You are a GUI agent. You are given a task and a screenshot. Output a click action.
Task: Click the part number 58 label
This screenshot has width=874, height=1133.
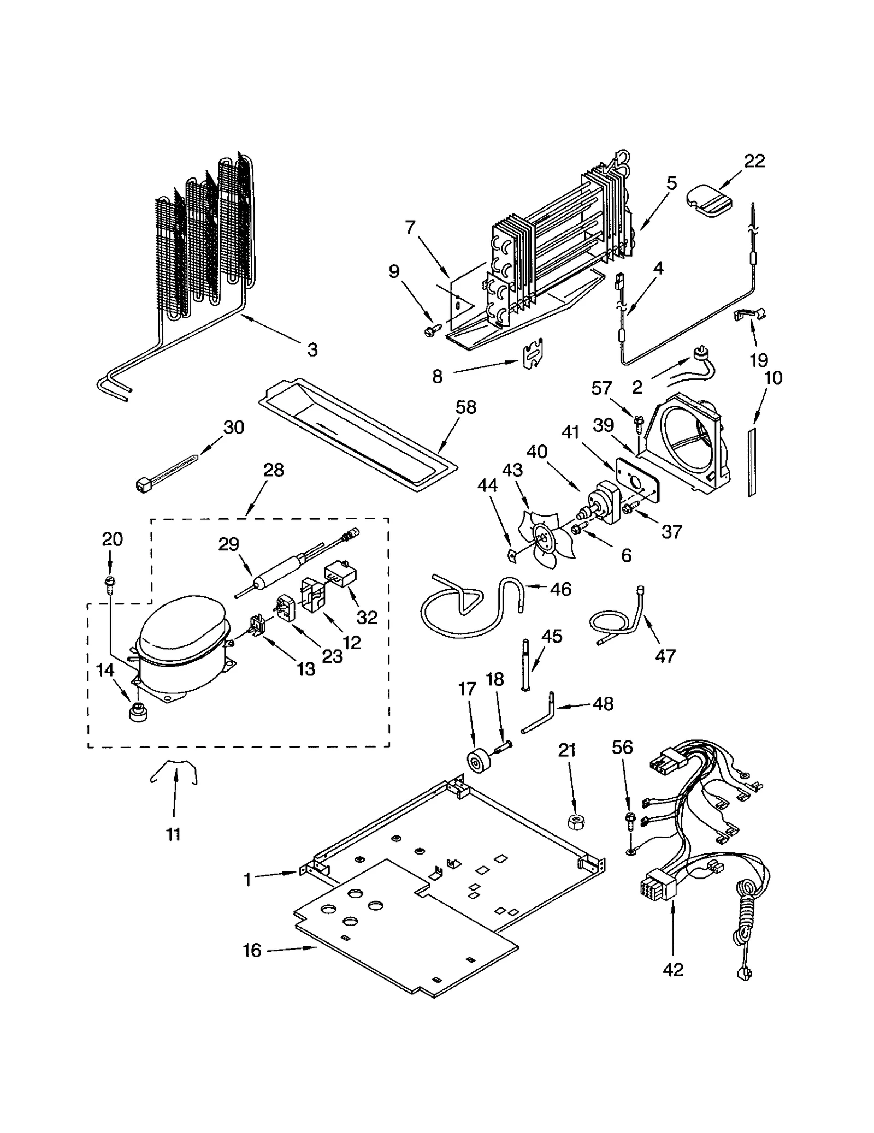tap(466, 407)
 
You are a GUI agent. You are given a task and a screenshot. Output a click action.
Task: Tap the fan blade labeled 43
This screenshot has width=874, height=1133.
tap(546, 538)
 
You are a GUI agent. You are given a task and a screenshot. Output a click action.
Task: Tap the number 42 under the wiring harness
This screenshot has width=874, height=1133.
tap(672, 970)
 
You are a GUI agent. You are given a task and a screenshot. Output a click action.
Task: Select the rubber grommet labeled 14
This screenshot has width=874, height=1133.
tap(137, 712)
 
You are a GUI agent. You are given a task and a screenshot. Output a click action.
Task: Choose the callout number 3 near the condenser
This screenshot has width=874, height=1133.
tap(312, 349)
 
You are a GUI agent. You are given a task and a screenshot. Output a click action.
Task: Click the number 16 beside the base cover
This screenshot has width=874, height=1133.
tap(252, 950)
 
